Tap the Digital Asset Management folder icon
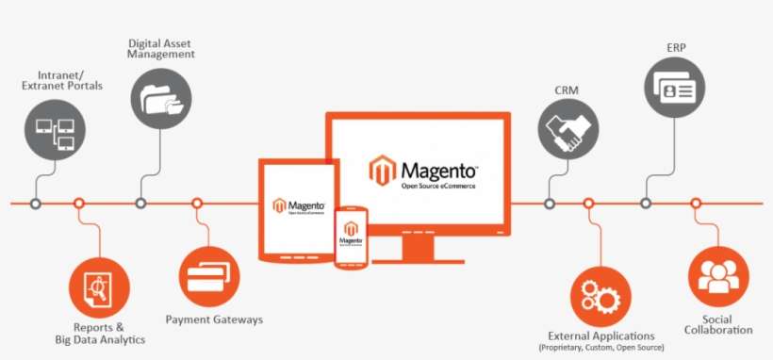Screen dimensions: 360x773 coord(161,98)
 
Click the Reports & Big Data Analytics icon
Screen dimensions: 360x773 coord(100,285)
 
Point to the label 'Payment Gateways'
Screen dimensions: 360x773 coord(214,319)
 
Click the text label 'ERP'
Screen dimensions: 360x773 coord(674,46)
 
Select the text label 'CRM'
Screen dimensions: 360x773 coord(567,90)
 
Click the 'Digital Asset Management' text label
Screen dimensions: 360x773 coord(161,48)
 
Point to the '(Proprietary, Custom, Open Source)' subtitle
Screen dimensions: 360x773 coord(601,348)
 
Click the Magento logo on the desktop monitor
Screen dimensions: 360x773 coord(423,172)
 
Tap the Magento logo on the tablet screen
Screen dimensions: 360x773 coord(298,206)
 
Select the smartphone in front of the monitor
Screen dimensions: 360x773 coord(352,235)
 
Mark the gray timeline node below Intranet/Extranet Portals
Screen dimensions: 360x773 coord(36,203)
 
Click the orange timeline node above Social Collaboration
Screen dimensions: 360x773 coord(696,203)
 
